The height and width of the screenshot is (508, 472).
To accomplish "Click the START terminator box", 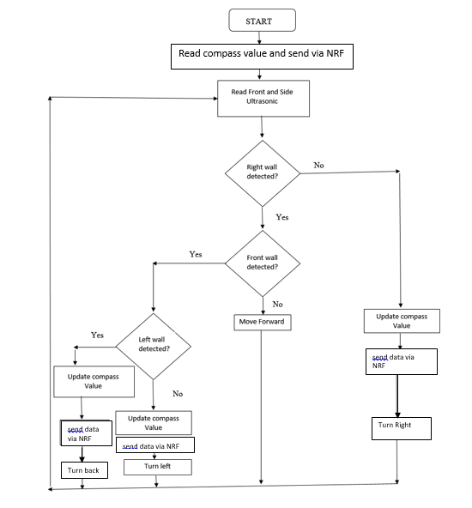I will click(262, 20).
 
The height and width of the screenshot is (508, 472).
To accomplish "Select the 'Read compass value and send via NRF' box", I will click(262, 54).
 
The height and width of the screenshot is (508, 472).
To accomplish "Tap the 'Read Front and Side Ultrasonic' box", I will click(261, 97).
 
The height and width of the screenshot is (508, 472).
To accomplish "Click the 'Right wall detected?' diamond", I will click(262, 172).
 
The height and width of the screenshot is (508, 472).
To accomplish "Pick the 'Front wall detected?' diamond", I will click(262, 261).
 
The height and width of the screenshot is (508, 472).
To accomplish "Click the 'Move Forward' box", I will click(262, 322).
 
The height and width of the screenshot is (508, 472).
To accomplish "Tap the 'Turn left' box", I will click(157, 466).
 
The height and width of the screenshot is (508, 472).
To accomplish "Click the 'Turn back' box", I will click(84, 470).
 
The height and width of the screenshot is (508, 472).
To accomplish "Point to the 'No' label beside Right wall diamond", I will click(319, 165).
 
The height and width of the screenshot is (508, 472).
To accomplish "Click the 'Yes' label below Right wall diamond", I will click(281, 217).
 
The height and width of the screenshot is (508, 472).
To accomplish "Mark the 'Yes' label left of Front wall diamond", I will click(196, 254).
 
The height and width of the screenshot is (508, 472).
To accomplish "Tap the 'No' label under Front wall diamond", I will click(277, 304).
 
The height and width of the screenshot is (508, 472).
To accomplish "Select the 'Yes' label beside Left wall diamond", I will click(98, 335).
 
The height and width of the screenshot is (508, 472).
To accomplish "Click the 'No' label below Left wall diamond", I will click(178, 394).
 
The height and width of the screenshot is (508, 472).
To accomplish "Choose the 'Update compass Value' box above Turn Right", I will click(402, 321).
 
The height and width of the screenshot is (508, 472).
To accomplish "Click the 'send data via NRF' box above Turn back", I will click(83, 432).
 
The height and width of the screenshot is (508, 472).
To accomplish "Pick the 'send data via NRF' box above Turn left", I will click(154, 446).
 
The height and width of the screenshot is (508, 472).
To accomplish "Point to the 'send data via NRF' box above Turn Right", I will click(402, 360).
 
